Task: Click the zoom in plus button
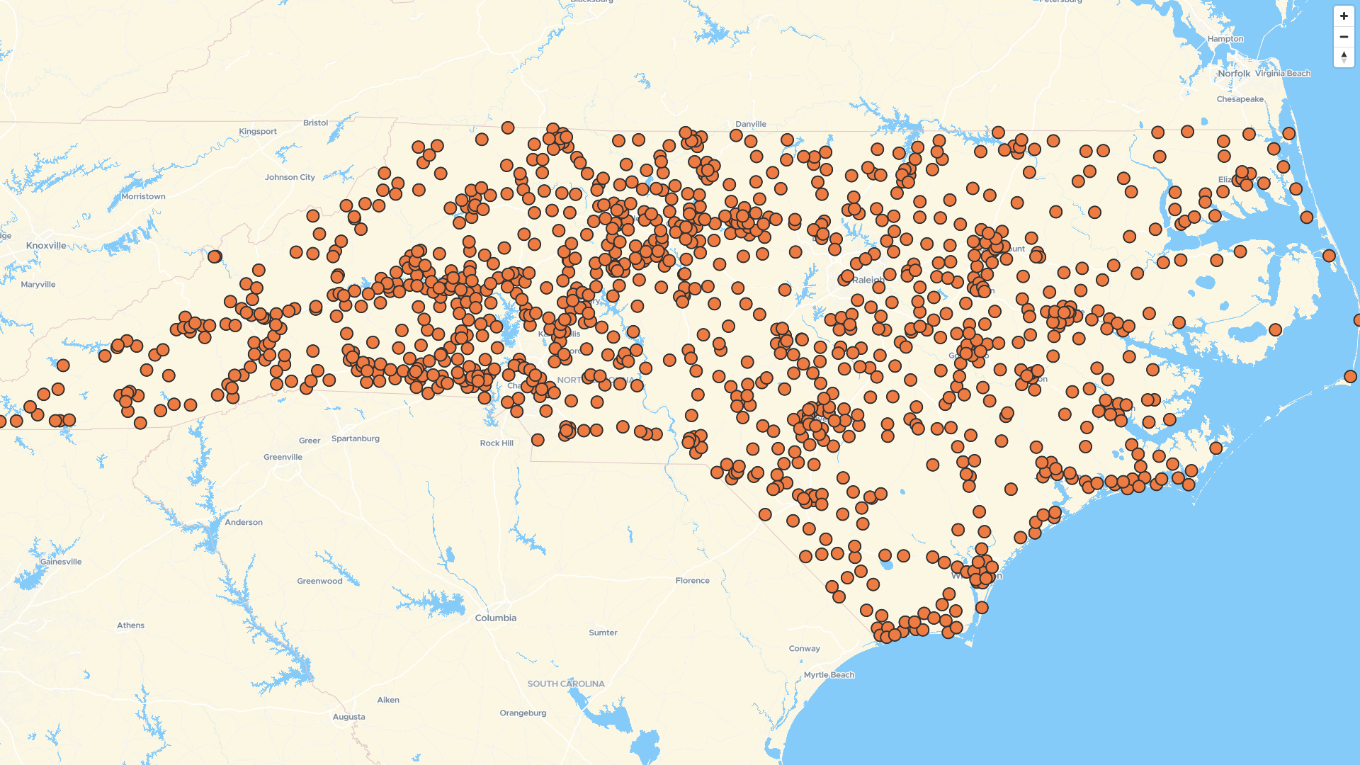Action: coord(1344,16)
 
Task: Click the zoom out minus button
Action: coord(1344,37)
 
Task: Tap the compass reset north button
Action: coord(1344,57)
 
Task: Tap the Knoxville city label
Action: coord(46,246)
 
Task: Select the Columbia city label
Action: coord(496,618)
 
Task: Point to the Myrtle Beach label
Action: coord(829,675)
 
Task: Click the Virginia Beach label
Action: coord(1283,74)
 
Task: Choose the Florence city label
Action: coord(692,581)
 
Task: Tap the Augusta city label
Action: coord(349,717)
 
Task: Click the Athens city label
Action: coord(130,625)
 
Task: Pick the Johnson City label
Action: coord(290,177)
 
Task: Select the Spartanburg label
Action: coord(356,438)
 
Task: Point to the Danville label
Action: coord(751,124)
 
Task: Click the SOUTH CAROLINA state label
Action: coord(566,684)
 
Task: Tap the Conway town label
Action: coord(805,648)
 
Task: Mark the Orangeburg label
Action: coord(523,713)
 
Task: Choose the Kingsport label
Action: coord(258,131)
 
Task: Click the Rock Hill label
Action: coord(497,443)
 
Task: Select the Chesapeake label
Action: coord(1240,99)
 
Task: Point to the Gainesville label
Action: coord(61,562)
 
